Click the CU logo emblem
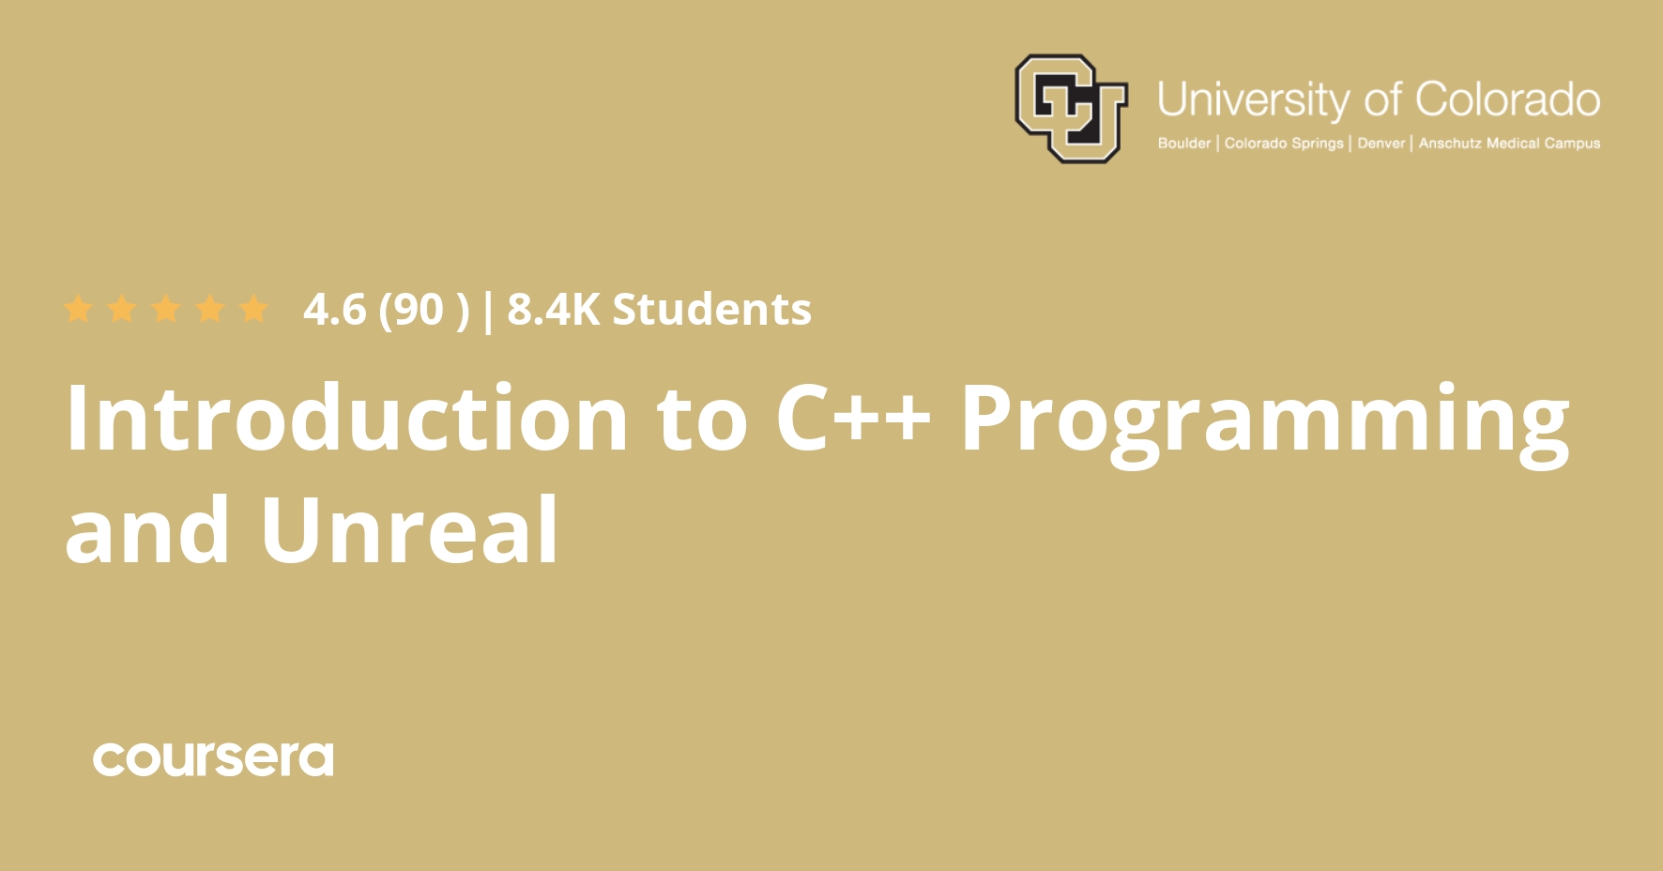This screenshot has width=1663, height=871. [x=1071, y=108]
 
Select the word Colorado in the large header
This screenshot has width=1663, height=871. [x=1507, y=99]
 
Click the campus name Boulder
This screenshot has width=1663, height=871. [x=1184, y=144]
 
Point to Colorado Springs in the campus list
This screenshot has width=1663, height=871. [x=1284, y=144]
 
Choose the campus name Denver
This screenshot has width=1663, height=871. [x=1381, y=144]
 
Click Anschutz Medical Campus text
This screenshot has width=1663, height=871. [x=1509, y=144]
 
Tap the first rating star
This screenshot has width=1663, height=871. [x=78, y=309]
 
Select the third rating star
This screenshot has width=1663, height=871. [x=166, y=309]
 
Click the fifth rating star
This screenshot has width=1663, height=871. [x=254, y=309]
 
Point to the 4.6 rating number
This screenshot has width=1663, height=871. [x=335, y=310]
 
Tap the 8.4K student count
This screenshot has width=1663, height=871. [x=553, y=310]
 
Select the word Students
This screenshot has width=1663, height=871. [x=712, y=310]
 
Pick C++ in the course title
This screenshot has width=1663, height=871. [x=853, y=418]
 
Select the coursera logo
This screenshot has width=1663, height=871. [x=213, y=759]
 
